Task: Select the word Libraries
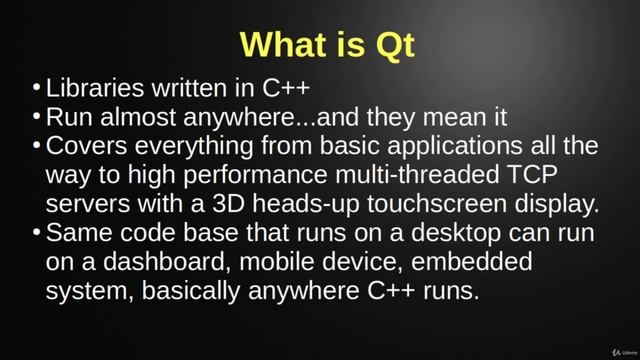pos(95,89)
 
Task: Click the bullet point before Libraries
pos(37,90)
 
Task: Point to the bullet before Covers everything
pos(37,147)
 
